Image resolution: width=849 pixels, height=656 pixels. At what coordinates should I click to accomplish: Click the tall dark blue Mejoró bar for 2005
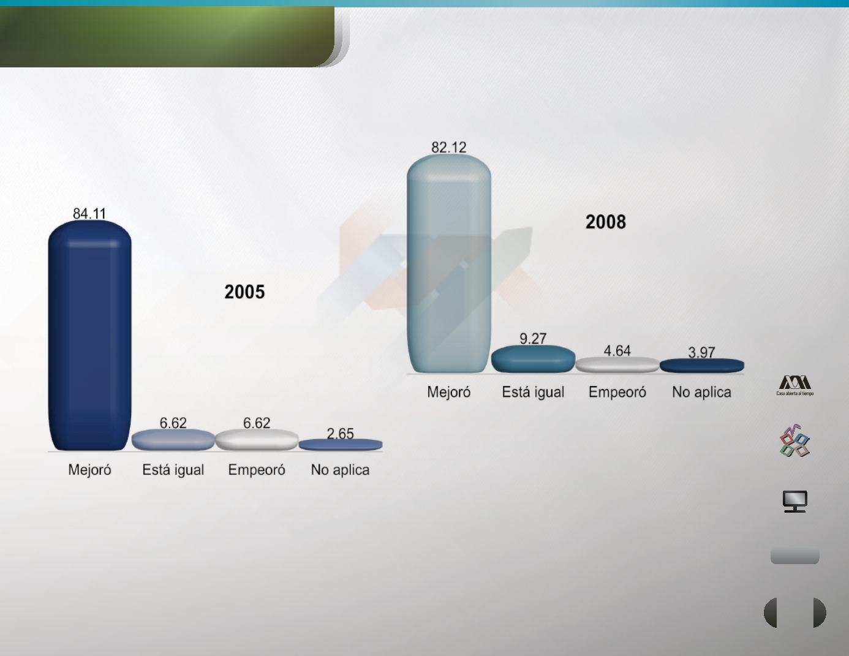coord(89,335)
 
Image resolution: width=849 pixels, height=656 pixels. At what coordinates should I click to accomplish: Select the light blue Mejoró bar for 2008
coord(449,263)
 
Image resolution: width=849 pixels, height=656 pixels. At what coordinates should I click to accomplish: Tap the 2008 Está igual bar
coord(533,359)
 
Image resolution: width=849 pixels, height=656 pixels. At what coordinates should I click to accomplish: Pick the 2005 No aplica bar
coord(341,445)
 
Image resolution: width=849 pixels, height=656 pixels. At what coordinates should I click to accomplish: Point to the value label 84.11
coord(89,214)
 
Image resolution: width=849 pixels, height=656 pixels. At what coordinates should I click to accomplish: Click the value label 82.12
coord(449,147)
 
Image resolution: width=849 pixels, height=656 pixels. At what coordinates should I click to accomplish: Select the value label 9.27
coord(533,338)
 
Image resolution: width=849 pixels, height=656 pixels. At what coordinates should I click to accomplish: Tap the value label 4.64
coord(617,350)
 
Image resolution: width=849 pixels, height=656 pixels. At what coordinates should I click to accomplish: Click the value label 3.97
coord(702,352)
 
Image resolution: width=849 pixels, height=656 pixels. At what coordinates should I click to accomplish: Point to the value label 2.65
coord(341,433)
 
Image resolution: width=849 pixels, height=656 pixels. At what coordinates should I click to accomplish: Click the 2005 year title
coord(244,292)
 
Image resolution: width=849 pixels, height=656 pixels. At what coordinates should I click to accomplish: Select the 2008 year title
coord(606,222)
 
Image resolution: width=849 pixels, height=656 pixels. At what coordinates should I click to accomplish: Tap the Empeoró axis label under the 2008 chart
coord(617,392)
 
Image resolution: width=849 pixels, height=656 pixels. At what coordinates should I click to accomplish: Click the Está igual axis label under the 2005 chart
coord(173,470)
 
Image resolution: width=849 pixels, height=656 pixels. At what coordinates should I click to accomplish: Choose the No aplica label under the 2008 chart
coord(702,392)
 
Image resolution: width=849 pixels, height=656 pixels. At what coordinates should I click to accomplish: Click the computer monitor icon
coord(795,501)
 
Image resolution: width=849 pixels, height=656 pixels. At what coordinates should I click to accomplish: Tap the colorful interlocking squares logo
coord(794,441)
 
